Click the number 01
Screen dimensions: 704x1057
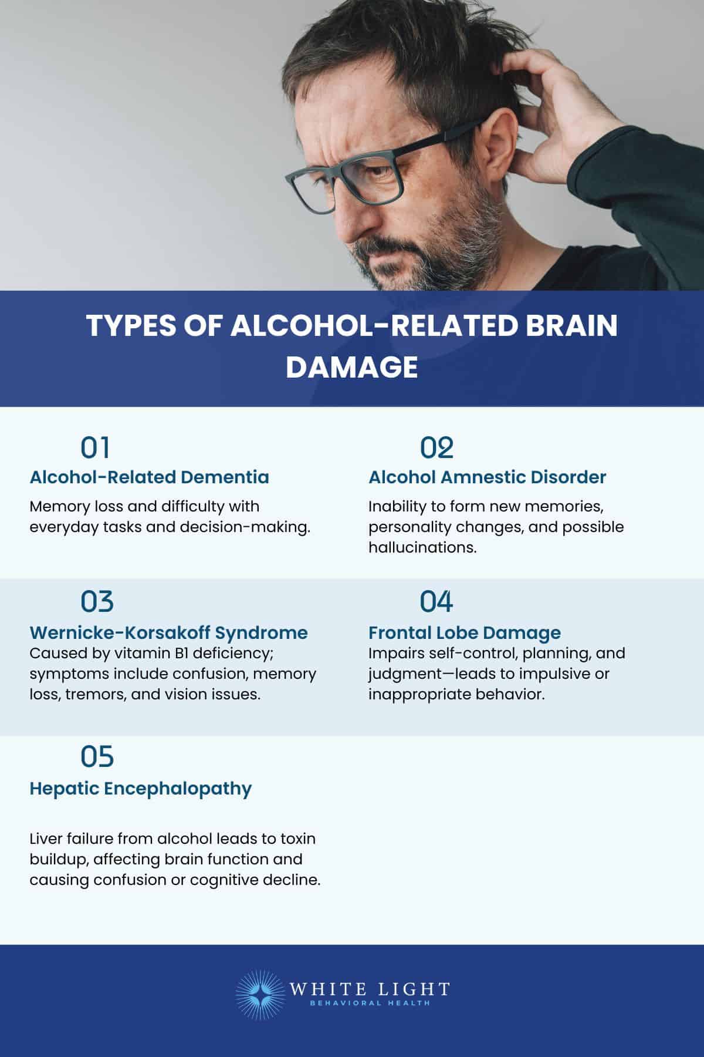point(95,447)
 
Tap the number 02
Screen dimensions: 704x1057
point(436,447)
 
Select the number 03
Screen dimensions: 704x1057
point(97,601)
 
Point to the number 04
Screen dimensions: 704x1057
point(436,601)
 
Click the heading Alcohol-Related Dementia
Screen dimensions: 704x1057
point(149,477)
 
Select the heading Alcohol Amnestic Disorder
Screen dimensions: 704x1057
point(487,477)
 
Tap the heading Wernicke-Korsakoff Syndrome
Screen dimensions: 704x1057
point(168,632)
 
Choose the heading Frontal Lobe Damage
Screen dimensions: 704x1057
point(464,632)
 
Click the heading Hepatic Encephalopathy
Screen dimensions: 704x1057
point(140,788)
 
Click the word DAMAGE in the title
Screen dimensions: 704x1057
point(351,367)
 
